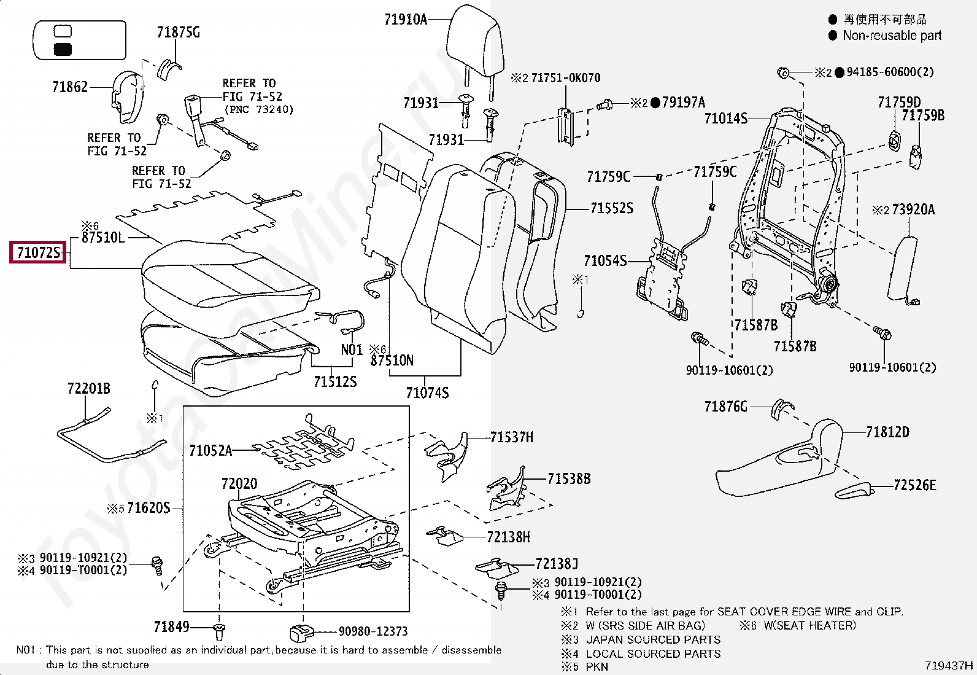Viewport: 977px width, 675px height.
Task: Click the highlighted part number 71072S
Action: click(38, 252)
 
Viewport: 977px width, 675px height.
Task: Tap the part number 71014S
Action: click(725, 118)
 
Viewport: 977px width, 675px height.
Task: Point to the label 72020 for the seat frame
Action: click(239, 484)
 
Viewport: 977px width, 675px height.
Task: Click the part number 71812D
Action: click(887, 432)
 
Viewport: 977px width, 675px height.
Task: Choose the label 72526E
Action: click(914, 486)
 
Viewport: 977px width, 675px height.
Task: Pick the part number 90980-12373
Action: click(373, 631)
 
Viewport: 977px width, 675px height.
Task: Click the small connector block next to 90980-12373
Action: click(301, 632)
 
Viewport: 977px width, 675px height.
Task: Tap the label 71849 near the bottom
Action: click(171, 627)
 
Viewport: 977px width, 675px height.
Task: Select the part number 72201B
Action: click(88, 388)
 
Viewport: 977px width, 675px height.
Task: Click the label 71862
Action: click(70, 87)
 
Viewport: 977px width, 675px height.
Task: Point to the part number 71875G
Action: click(178, 33)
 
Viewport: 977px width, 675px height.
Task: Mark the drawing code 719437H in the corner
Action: click(949, 665)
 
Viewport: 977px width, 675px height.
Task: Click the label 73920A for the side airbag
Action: click(913, 210)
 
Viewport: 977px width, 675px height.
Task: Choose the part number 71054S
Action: click(605, 261)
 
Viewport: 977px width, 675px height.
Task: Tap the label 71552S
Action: click(611, 209)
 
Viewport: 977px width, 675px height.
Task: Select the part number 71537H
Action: click(512, 437)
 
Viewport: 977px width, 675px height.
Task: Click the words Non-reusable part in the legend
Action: click(892, 36)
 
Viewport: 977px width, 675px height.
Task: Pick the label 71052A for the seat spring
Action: click(210, 451)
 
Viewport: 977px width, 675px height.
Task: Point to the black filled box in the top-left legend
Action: click(63, 50)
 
